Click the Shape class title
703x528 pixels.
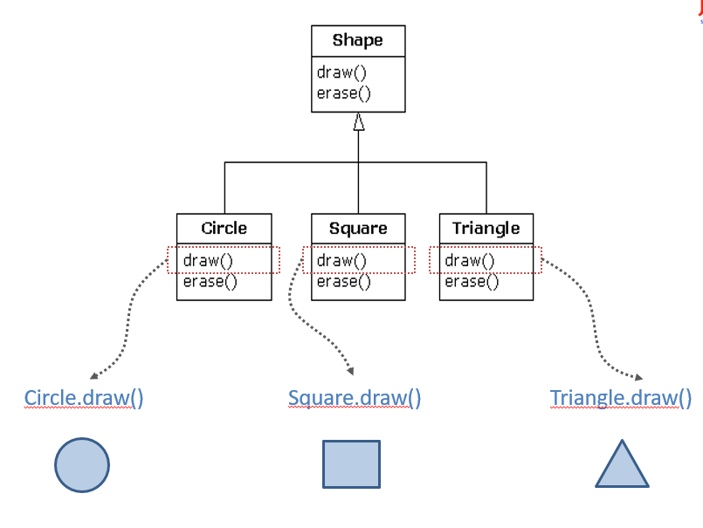pyautogui.click(x=358, y=41)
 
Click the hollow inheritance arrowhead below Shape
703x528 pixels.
pyautogui.click(x=359, y=122)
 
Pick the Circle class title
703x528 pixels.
pyautogui.click(x=224, y=229)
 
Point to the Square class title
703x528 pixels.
pyautogui.click(x=358, y=229)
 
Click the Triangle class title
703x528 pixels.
pyautogui.click(x=486, y=229)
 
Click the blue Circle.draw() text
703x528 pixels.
pyautogui.click(x=84, y=398)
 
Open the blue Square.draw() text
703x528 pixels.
pyautogui.click(x=355, y=398)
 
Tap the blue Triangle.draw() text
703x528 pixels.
pyautogui.click(x=621, y=398)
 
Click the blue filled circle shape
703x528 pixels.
pyautogui.click(x=82, y=465)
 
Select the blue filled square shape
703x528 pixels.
pyautogui.click(x=351, y=464)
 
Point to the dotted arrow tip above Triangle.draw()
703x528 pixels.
pyautogui.click(x=640, y=378)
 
